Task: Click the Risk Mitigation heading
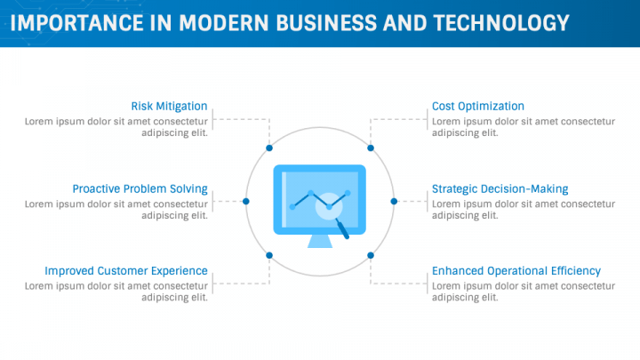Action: pos(169,107)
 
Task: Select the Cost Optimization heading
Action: pos(478,107)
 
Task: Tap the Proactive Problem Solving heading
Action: pos(140,189)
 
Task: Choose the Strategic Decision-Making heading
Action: pos(500,189)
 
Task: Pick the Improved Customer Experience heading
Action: pos(126,271)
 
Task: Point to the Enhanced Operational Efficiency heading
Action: pos(516,271)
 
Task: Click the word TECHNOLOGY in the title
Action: pos(501,23)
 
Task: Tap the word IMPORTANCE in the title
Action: pos(76,23)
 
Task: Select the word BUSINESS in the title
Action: pos(326,23)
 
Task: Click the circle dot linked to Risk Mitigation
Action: pos(269,148)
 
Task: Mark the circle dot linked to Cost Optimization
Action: pos(371,148)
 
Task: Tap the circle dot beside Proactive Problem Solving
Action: pos(245,201)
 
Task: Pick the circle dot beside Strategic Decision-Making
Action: pos(394,201)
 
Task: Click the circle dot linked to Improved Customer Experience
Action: pos(269,255)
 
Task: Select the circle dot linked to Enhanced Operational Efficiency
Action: pos(371,255)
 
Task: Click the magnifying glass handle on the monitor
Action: pos(342,229)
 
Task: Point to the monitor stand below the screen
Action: pos(320,241)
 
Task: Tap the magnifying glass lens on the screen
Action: pos(329,206)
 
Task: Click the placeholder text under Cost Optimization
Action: pos(524,127)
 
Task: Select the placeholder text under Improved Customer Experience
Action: pos(116,292)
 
